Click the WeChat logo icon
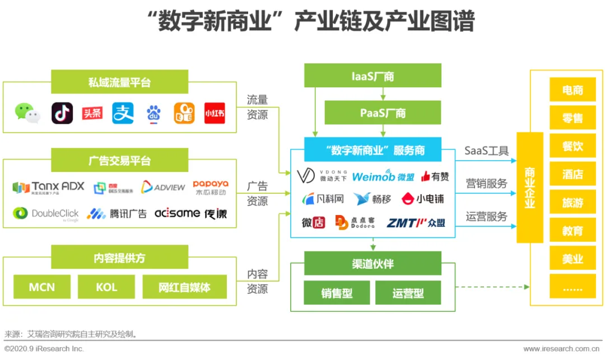point(27,113)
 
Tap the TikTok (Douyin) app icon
point(62,113)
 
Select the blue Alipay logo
point(123,113)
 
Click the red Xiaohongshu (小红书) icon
point(215,113)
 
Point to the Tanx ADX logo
point(49,187)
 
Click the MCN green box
point(42,287)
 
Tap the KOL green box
point(106,287)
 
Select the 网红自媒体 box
point(184,287)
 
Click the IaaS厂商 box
point(373,76)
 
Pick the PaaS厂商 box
point(383,113)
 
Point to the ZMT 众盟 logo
point(416,223)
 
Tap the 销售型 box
point(337,293)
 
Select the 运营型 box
point(408,293)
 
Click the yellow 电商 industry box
point(573,90)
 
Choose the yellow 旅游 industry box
point(573,203)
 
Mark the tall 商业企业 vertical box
point(529,188)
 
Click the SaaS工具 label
point(486,151)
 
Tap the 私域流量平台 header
point(119,82)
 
